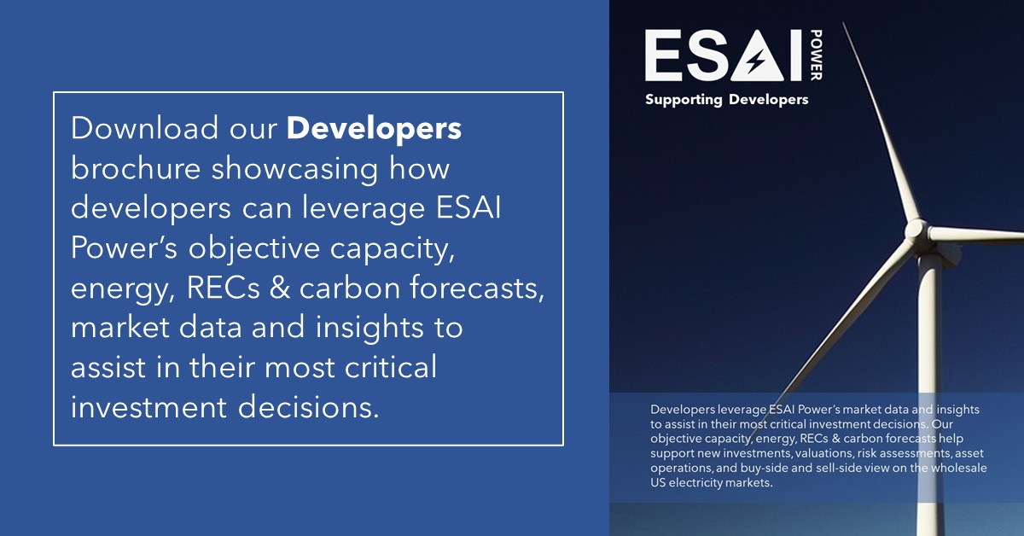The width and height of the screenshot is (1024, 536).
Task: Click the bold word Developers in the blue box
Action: coord(374,128)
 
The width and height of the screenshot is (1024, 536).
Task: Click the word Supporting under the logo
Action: coord(683,100)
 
